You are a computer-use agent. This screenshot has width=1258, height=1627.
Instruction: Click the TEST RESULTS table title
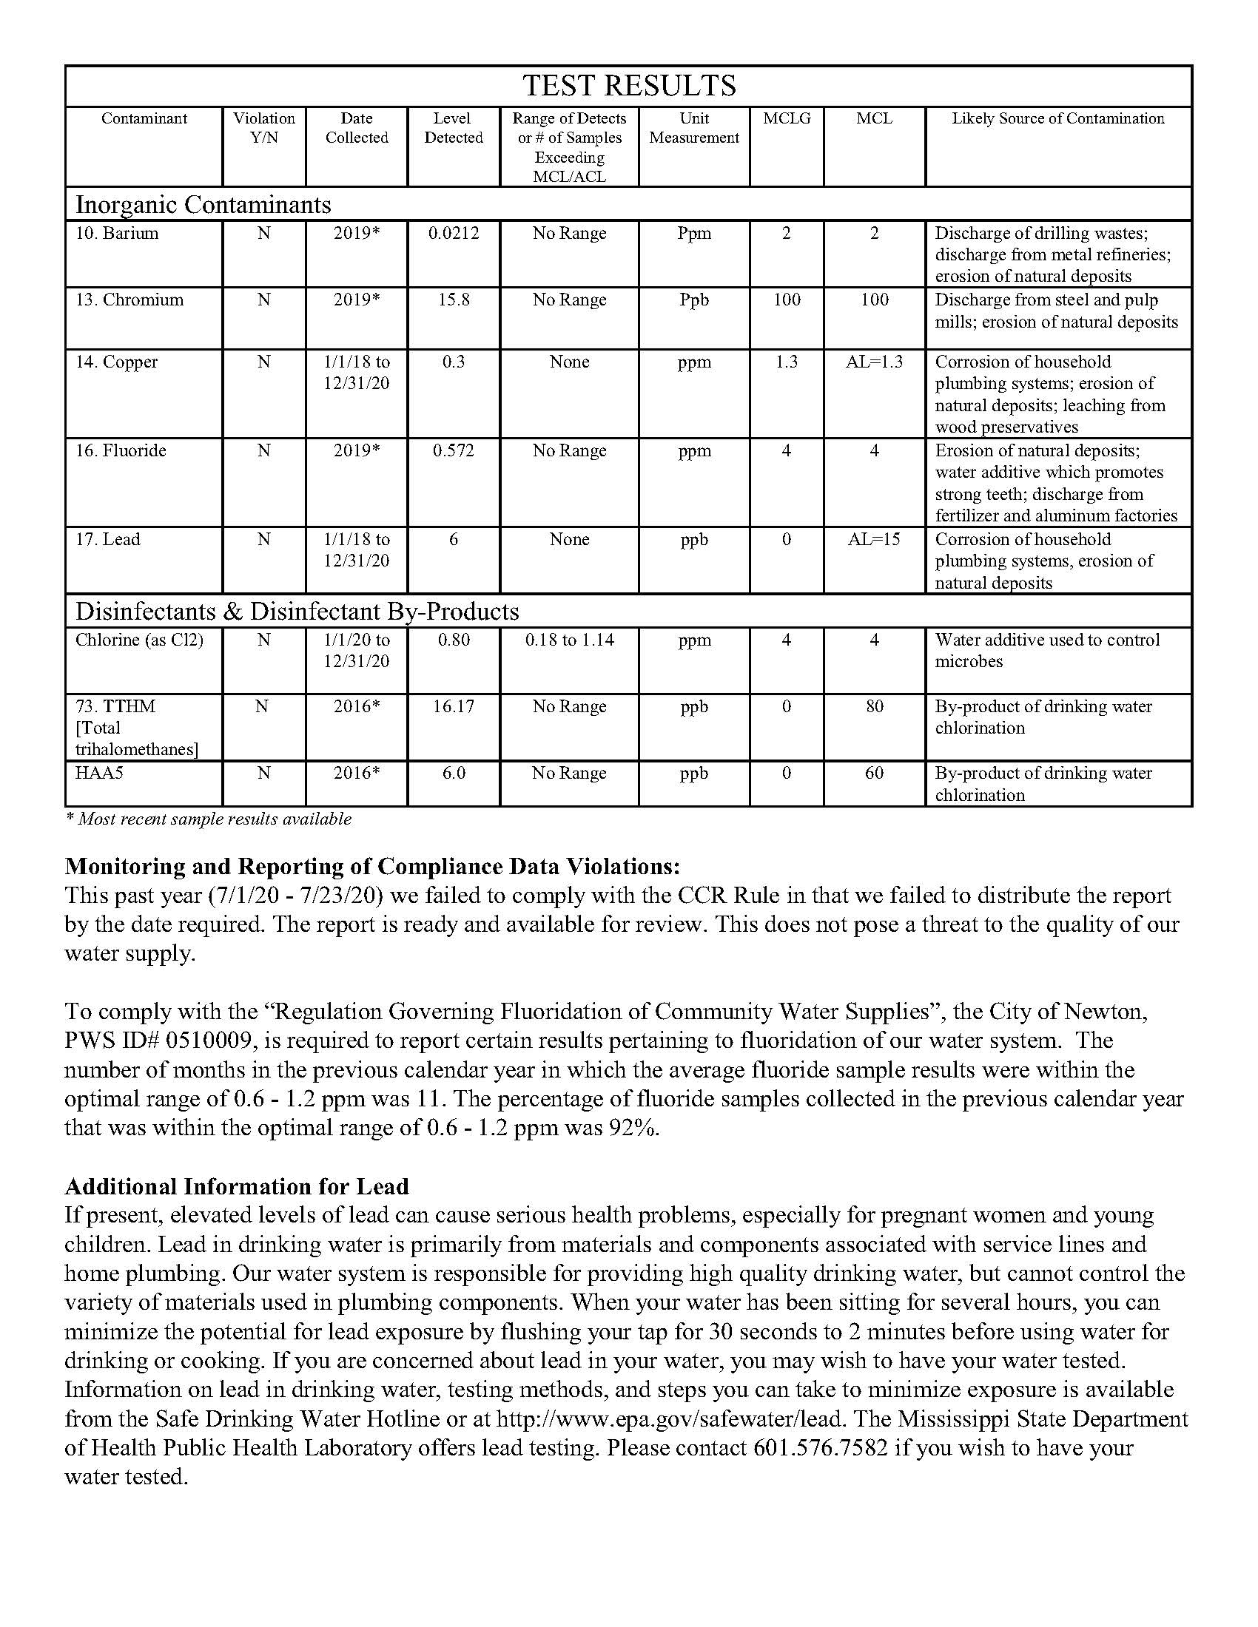pos(629,86)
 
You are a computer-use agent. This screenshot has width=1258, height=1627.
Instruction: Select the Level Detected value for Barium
pos(453,233)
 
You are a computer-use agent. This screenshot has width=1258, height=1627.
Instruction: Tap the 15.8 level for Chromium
pos(453,300)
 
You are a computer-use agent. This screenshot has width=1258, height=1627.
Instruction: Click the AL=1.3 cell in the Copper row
pos(874,362)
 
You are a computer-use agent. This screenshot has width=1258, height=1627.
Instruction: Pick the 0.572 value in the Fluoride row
pos(453,450)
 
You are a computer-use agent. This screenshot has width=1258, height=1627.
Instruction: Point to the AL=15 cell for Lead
pos(874,539)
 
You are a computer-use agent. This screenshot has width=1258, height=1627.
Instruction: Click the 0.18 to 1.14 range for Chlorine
pos(569,640)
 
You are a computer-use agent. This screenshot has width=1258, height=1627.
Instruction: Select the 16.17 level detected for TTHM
pos(453,706)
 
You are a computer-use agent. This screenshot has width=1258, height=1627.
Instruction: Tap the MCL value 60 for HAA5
pos(874,773)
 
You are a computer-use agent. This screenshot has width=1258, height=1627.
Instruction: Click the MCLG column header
pos(786,118)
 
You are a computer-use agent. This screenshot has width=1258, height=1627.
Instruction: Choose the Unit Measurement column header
pos(694,128)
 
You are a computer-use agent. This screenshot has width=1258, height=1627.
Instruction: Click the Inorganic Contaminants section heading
pos(203,204)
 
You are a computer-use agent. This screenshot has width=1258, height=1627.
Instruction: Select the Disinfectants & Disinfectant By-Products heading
pos(297,612)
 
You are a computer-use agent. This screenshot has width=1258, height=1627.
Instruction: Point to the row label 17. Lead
pos(107,539)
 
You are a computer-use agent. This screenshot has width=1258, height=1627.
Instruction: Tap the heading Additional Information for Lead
pos(237,1186)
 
